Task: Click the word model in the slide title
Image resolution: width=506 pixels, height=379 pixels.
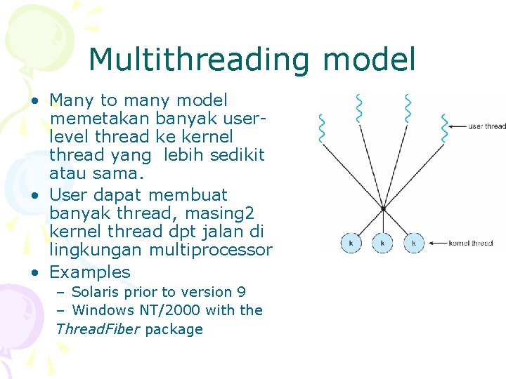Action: pyautogui.click(x=369, y=60)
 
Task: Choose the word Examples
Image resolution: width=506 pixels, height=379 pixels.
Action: pyautogui.click(x=90, y=272)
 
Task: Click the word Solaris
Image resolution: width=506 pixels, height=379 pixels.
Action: pyautogui.click(x=97, y=292)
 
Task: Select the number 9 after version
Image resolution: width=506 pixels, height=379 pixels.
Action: pyautogui.click(x=241, y=292)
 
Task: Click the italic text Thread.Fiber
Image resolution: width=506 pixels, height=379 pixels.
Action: pyautogui.click(x=98, y=329)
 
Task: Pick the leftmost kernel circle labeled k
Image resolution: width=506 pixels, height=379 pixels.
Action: pyautogui.click(x=351, y=244)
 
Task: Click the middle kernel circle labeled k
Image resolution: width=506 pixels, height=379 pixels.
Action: pyautogui.click(x=382, y=244)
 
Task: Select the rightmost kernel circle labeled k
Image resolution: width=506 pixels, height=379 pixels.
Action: pyautogui.click(x=413, y=244)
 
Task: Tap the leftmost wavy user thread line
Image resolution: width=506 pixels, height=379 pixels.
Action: pyautogui.click(x=323, y=128)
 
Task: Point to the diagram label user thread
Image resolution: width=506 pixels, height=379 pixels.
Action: pyautogui.click(x=486, y=126)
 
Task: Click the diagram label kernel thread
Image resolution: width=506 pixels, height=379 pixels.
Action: pyautogui.click(x=470, y=244)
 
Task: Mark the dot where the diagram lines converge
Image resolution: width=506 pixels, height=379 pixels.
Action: pyautogui.click(x=383, y=208)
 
